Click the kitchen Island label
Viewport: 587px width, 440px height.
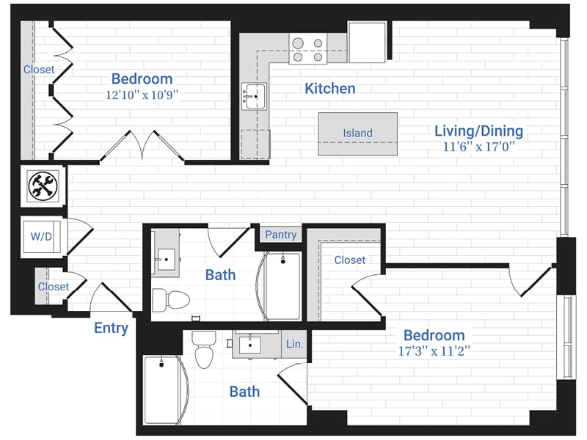point(357,133)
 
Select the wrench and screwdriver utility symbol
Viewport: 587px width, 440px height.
point(43,186)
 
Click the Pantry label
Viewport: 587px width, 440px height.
point(280,235)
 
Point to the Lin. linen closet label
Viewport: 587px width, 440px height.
point(293,343)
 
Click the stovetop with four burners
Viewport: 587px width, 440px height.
point(307,48)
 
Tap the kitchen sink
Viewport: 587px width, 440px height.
point(255,95)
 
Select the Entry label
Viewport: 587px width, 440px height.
point(111,328)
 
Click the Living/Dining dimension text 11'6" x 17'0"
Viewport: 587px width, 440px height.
point(478,147)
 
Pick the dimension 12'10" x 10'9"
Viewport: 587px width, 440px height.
point(142,94)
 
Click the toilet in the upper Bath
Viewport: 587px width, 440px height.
point(170,298)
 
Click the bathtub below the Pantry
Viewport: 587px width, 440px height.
point(282,286)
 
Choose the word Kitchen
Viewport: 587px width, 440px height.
point(329,89)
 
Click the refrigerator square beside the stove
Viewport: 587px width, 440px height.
point(367,43)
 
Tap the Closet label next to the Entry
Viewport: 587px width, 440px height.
point(53,287)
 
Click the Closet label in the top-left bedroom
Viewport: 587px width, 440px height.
point(38,70)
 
